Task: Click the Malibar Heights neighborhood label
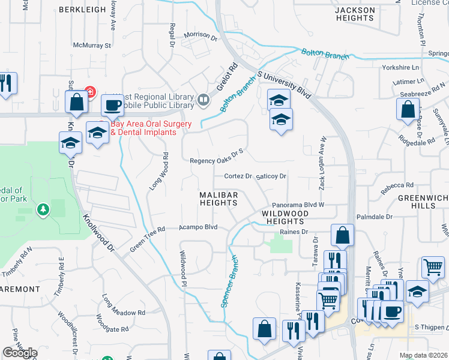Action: pyautogui.click(x=219, y=199)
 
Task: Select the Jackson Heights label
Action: pyautogui.click(x=355, y=14)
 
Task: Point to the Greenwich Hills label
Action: pyautogui.click(x=424, y=201)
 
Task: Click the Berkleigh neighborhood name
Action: pyautogui.click(x=83, y=10)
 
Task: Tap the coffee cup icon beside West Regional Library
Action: pyautogui.click(x=112, y=106)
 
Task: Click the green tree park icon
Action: pyautogui.click(x=43, y=209)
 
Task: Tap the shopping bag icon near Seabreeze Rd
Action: pyautogui.click(x=408, y=110)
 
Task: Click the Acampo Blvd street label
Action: pyautogui.click(x=198, y=227)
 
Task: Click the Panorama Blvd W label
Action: pyautogui.click(x=298, y=205)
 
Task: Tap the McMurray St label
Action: pyautogui.click(x=92, y=45)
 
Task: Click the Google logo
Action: pyautogui.click(x=20, y=352)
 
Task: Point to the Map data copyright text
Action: pyautogui.click(x=423, y=355)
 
